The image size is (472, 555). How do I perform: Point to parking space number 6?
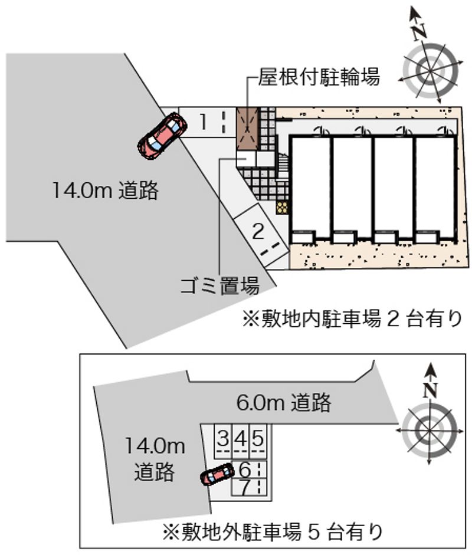(x=248, y=469)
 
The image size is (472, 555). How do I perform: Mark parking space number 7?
(x=248, y=487)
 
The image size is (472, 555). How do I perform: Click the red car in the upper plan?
(x=162, y=136)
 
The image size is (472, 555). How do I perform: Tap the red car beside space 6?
(x=217, y=474)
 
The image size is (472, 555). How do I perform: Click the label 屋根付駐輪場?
(x=319, y=77)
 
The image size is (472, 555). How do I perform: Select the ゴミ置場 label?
(x=219, y=286)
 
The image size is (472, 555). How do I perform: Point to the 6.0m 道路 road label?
(x=283, y=402)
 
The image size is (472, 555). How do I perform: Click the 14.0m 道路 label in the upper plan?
(x=106, y=191)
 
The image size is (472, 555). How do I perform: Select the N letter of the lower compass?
(x=430, y=390)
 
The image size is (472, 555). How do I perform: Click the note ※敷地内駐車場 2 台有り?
(x=352, y=318)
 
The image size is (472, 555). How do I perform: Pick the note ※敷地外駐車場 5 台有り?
(x=273, y=531)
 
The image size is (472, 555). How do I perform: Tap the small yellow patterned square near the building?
(x=282, y=208)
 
